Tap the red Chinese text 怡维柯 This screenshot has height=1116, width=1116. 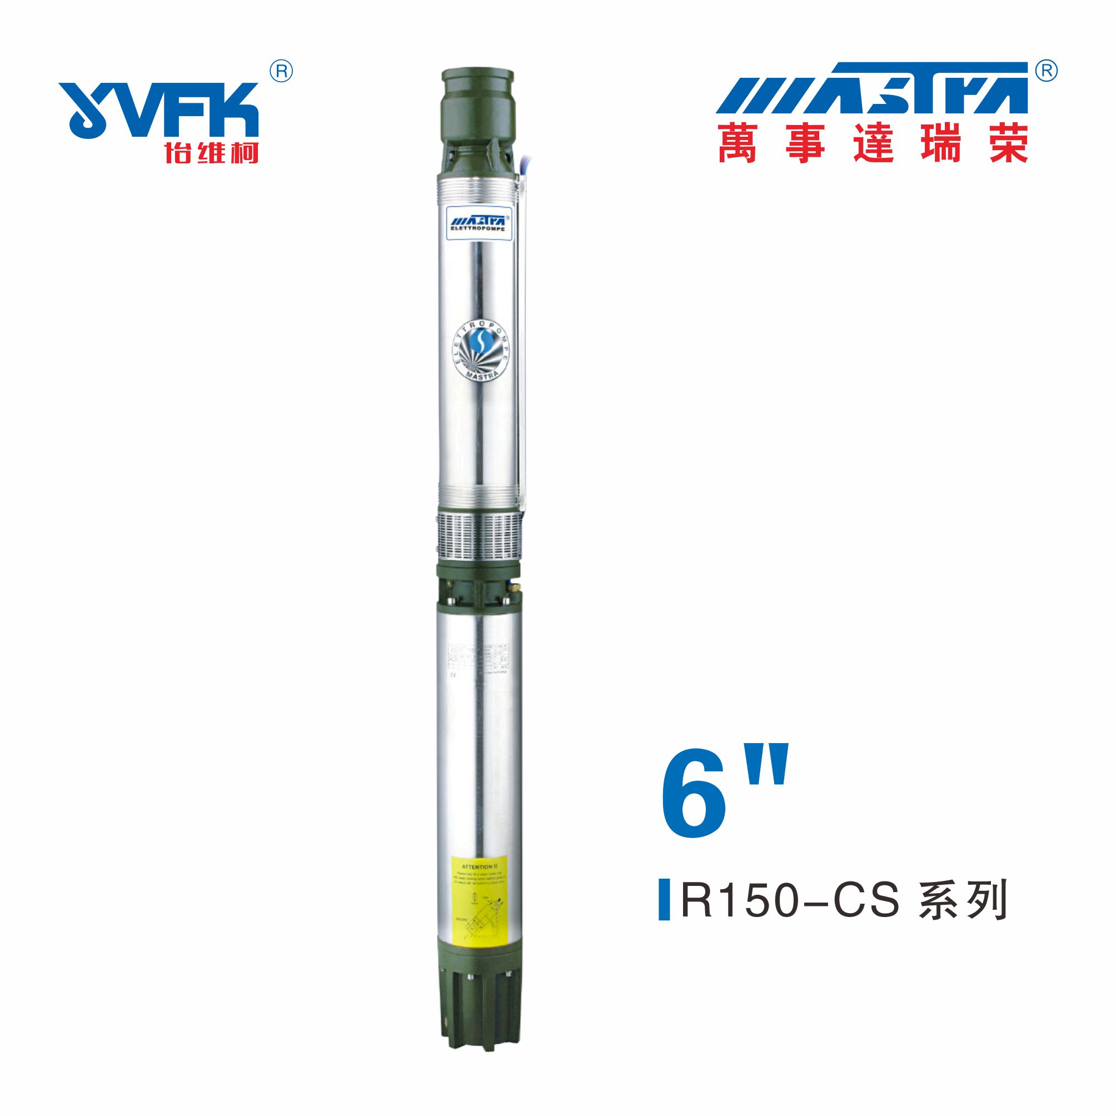tap(211, 152)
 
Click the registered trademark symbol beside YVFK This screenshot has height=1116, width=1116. tap(281, 72)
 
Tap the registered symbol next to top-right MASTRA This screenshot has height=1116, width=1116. tap(1047, 71)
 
